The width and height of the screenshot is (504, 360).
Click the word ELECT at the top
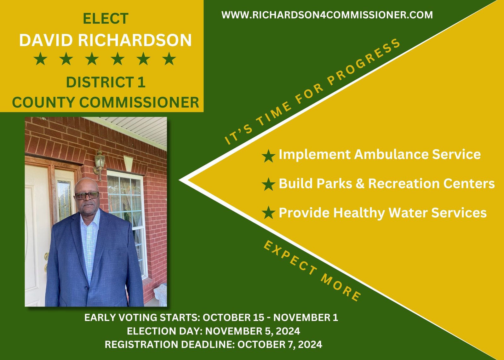tap(106, 18)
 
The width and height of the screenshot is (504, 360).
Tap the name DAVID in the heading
tap(46, 40)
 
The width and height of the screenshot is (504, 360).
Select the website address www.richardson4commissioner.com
tap(327, 15)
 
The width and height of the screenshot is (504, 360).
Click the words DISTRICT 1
tap(106, 82)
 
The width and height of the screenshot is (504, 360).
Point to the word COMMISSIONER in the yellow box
tap(139, 102)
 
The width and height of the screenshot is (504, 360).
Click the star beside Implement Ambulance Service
tap(268, 156)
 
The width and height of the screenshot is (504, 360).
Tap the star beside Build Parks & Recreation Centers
tap(268, 184)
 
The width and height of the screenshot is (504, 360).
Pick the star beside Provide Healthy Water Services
tap(268, 212)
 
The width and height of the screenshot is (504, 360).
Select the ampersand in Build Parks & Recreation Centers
tap(360, 183)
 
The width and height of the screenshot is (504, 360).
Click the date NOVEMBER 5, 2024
tap(253, 331)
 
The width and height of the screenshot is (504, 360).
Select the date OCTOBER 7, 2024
tap(280, 345)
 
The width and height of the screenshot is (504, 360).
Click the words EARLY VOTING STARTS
tap(142, 317)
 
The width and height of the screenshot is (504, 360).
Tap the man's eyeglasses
tap(87, 195)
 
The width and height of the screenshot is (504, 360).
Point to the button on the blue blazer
tap(86, 288)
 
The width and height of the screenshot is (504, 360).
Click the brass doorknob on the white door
tap(47, 256)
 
